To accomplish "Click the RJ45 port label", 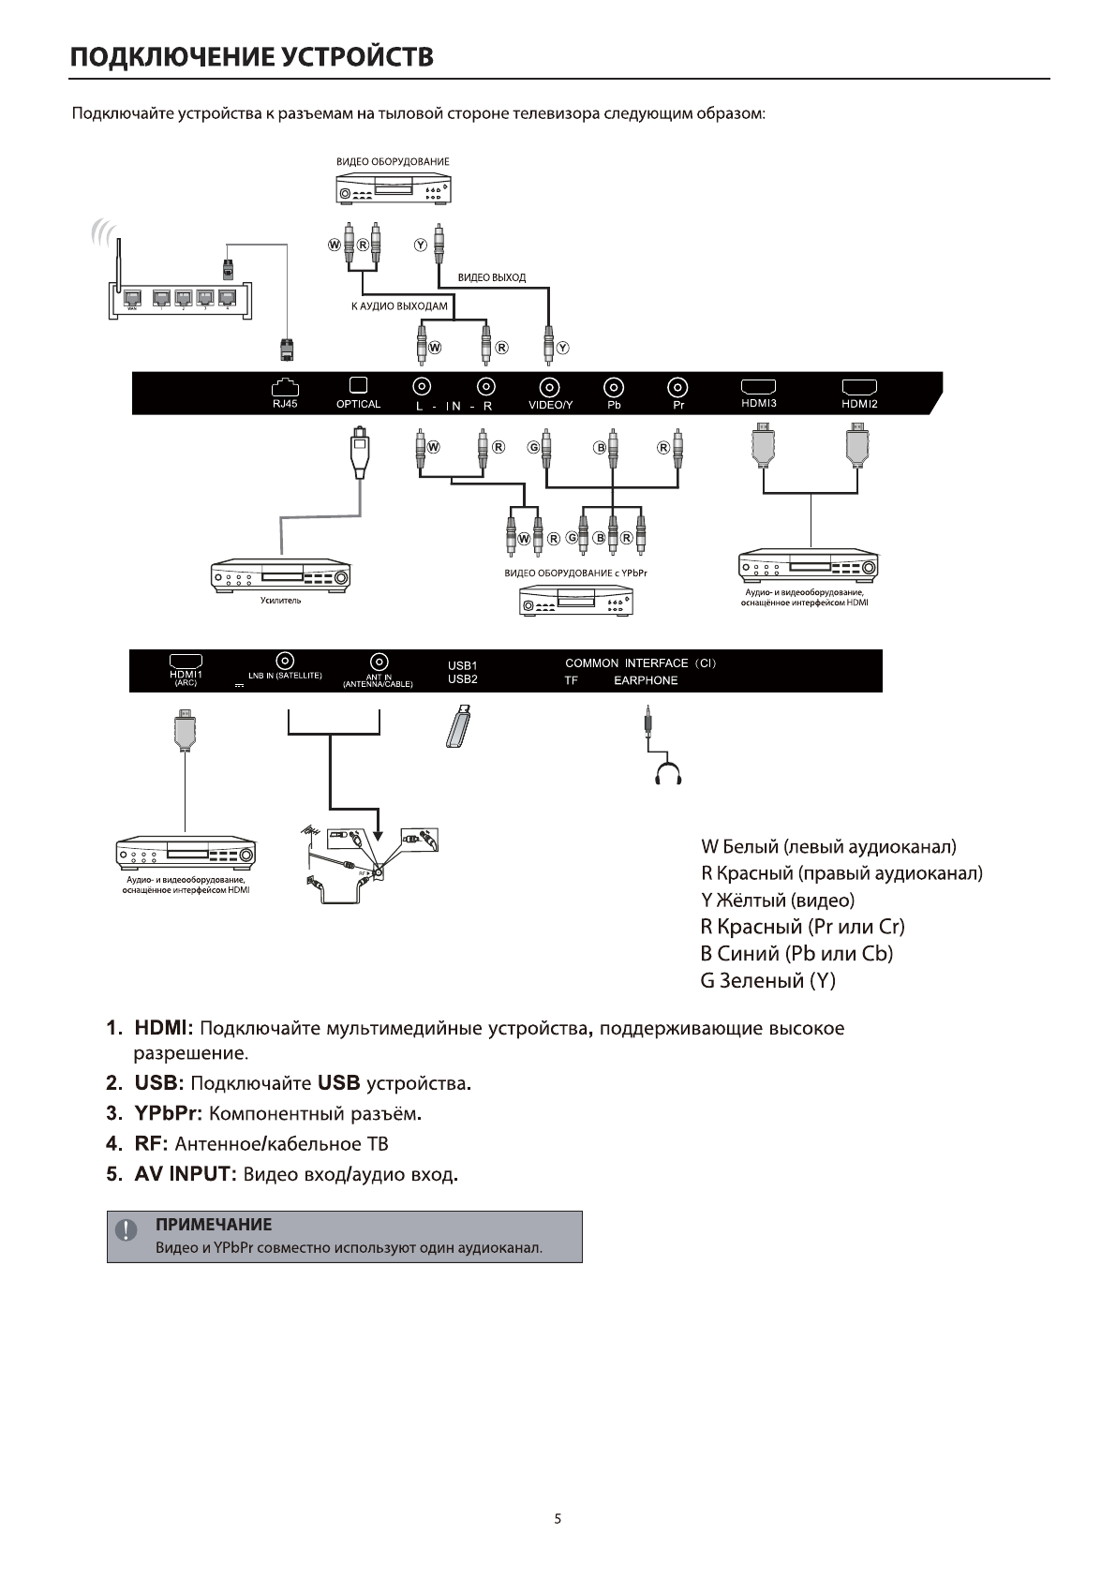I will coord(284,405).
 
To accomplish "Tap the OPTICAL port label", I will coord(358,405).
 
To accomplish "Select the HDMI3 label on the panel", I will coord(758,404).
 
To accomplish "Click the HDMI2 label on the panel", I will coord(858,405).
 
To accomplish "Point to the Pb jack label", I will coord(614,406).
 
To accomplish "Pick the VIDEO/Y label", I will coord(550,406).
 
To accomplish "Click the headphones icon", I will coord(669,774).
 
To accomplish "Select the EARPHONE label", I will coord(646,681).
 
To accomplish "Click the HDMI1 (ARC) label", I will coord(186,677).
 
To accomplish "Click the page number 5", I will coord(558,1519).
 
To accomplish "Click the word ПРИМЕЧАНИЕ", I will coord(214,1225).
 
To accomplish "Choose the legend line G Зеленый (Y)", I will coord(767,981).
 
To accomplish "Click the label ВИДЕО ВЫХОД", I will coord(491,277).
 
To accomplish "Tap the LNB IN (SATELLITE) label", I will coord(285,676).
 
